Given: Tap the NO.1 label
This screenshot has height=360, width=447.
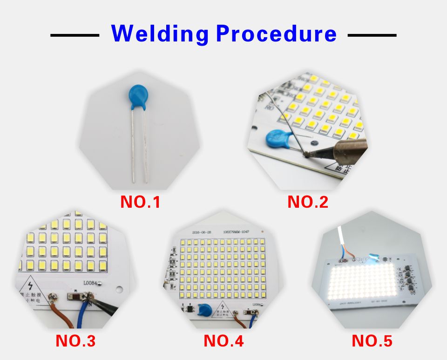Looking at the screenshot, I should point(140,202).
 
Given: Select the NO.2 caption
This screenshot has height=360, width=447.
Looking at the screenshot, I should point(308,202).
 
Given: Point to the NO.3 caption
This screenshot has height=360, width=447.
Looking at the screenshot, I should point(75,341).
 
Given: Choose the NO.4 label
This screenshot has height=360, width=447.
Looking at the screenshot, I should point(223,341).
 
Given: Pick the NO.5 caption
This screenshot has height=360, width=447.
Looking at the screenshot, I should point(372,341).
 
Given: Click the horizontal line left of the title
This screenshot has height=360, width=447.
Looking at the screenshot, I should point(74,35).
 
